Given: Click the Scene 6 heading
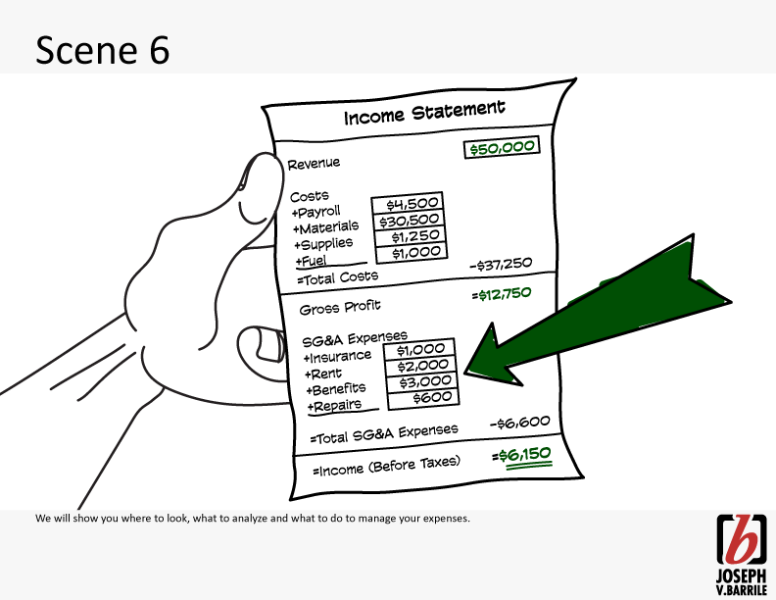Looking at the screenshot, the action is point(103,50).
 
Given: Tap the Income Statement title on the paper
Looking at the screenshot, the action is point(424,113).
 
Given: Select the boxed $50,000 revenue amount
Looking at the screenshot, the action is point(502,147).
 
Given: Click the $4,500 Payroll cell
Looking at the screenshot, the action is point(408,204).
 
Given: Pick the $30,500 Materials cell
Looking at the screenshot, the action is point(410,221).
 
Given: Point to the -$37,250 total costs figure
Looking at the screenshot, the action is point(501,265).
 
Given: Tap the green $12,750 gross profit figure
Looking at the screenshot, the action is point(502,294).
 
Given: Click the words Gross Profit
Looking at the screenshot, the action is point(340,308).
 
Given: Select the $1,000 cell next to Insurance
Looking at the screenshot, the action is point(419,350).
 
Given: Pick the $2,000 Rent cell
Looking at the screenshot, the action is point(421,367).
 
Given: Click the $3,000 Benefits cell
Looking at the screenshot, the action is point(422,382).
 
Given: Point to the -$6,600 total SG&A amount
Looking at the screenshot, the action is point(519,424).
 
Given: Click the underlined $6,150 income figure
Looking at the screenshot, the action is point(522,456).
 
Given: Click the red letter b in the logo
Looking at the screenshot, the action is point(741,538).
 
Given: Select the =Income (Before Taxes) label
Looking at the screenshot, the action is point(386,467).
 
